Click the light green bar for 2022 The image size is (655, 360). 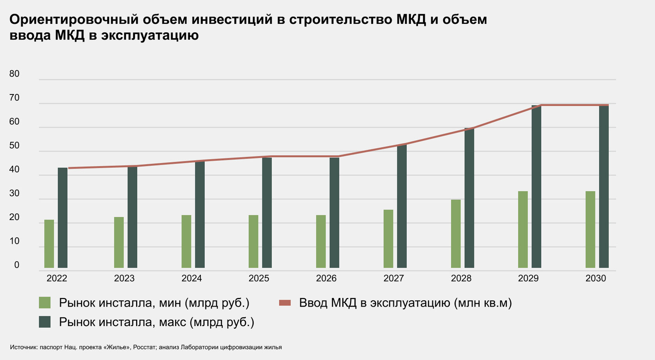point(49,244)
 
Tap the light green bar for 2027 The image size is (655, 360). point(388,239)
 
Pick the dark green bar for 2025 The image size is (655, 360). point(267,213)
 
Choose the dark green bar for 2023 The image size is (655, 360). point(133,217)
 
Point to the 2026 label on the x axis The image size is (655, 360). point(326,278)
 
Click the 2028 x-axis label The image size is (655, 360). point(461,278)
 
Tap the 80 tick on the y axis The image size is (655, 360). point(14,74)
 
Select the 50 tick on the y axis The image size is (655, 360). point(14,145)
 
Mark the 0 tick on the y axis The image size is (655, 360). point(17,265)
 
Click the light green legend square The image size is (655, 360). point(45,303)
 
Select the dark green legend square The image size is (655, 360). point(45,322)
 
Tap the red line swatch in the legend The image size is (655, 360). point(285,303)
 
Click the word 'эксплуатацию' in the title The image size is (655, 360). point(150,35)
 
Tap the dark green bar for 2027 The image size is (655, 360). point(402,206)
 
